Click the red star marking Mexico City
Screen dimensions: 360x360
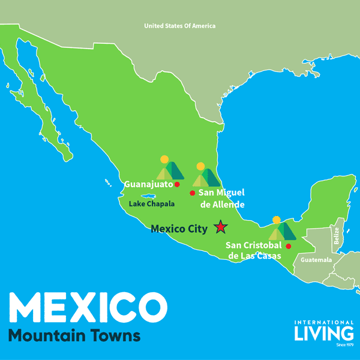(221, 227)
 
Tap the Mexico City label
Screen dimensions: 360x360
(179, 229)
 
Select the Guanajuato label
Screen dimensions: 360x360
(148, 184)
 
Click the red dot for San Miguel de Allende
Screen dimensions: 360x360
(192, 193)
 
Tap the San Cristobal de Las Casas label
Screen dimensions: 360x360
(253, 251)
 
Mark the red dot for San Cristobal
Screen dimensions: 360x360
(289, 246)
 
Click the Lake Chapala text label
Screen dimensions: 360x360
(152, 204)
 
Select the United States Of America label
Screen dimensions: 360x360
(179, 26)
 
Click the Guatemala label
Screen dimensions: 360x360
(316, 260)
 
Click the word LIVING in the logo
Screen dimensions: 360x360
(323, 332)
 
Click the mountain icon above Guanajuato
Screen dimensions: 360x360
(170, 170)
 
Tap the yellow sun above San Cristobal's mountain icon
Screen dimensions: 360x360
(276, 220)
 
